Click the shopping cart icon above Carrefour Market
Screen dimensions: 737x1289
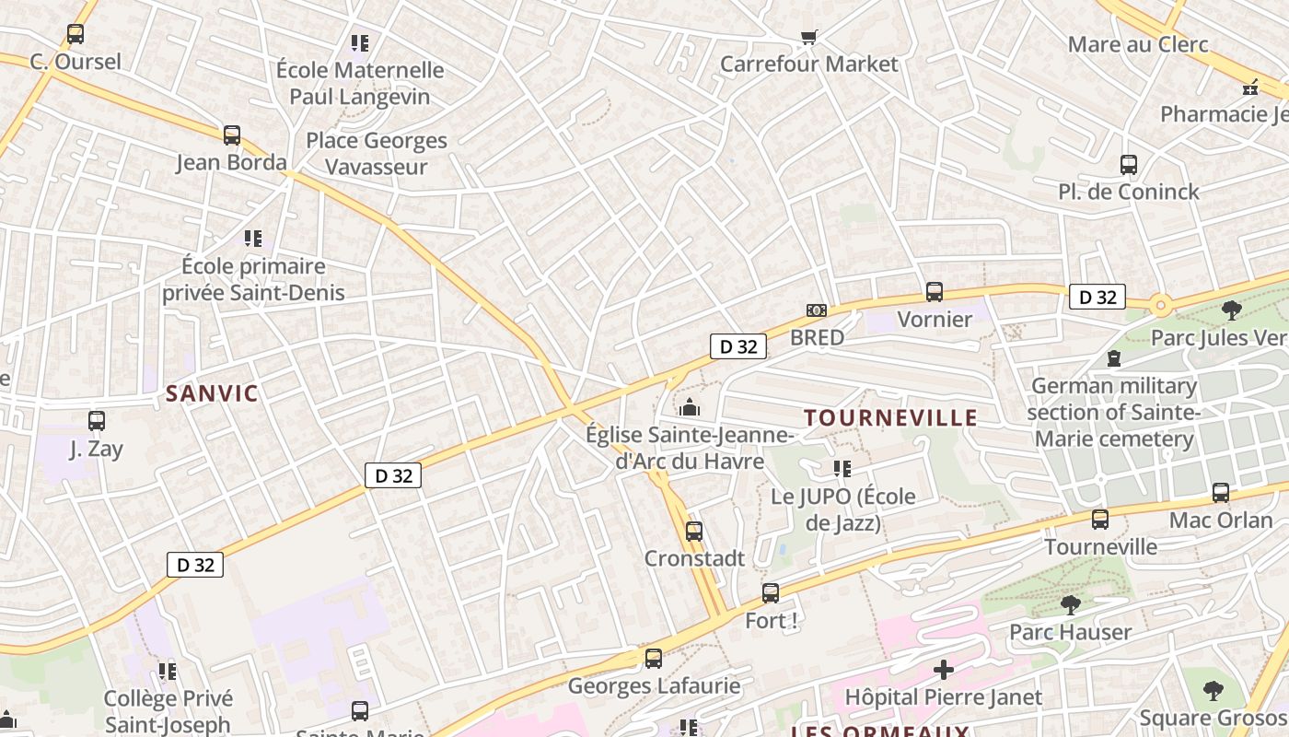[x=808, y=37]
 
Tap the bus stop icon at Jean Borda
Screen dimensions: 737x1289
[x=232, y=135]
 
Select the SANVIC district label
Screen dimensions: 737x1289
[x=213, y=393]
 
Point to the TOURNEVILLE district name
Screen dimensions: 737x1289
[x=890, y=417]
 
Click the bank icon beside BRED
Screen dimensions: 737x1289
[x=816, y=310]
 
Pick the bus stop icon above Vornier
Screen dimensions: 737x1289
[x=935, y=292]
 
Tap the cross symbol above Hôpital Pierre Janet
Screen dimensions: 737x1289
[x=943, y=669]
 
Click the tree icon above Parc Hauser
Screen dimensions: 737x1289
[x=1070, y=605]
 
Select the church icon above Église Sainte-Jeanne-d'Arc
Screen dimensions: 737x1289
[x=690, y=406]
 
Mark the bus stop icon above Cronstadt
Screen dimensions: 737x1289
[x=694, y=532]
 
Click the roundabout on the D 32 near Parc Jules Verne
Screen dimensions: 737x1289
[x=1160, y=304]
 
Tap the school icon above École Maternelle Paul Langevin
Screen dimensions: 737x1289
[x=360, y=42]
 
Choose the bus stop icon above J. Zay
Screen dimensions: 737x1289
[x=97, y=421]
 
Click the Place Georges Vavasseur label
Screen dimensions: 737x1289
[x=377, y=154]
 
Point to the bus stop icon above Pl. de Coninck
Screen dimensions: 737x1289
[x=1129, y=165]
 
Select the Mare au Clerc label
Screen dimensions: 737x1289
[x=1138, y=44]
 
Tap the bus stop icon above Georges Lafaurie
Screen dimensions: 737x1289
[x=654, y=659]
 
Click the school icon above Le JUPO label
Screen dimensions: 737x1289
[x=842, y=469]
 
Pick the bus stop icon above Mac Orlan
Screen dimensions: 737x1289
[x=1221, y=493]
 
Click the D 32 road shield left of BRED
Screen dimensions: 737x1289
[x=738, y=346]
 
